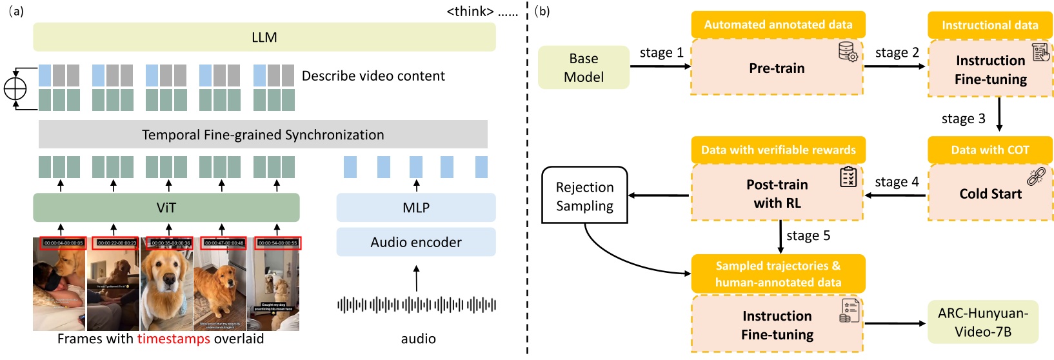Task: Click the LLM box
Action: [x=264, y=37]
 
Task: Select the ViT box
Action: [x=166, y=208]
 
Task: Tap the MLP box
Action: [x=415, y=208]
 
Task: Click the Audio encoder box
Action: [x=415, y=243]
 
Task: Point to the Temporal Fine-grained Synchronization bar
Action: [x=263, y=135]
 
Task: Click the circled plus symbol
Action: [x=15, y=88]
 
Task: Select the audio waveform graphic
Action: [x=416, y=305]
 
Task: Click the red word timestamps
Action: [x=174, y=339]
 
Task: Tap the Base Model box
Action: [x=583, y=68]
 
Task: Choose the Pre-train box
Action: [x=777, y=68]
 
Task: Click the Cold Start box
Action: [x=990, y=194]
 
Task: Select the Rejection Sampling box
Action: [x=584, y=196]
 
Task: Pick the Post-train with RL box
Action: [x=777, y=194]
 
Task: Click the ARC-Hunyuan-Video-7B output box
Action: [x=982, y=323]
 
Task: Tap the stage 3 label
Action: [x=963, y=119]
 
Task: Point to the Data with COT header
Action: [x=989, y=150]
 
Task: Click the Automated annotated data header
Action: [x=778, y=25]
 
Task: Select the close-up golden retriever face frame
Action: [x=166, y=284]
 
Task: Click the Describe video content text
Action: [x=373, y=76]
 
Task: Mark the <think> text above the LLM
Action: [x=470, y=12]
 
